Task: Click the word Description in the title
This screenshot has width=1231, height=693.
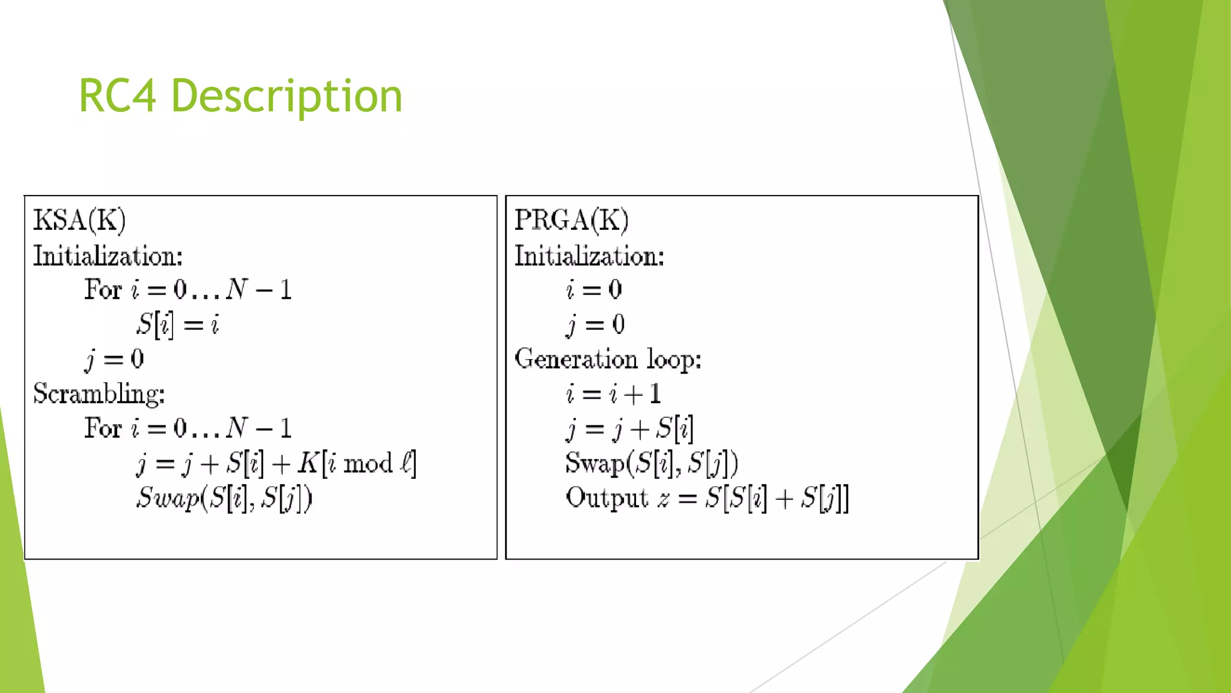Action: coord(286,96)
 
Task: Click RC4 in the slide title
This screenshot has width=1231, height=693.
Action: coord(117,96)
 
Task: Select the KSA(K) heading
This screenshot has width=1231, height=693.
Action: coord(79,220)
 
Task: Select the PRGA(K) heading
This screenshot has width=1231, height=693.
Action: coord(571,220)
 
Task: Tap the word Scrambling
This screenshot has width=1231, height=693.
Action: coord(99,394)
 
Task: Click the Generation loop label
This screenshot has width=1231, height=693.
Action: coord(607,359)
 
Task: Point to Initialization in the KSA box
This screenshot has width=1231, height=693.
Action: coord(108,256)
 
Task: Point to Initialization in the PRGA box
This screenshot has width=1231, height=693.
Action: coord(589,256)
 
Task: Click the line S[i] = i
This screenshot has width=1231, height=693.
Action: coord(177,325)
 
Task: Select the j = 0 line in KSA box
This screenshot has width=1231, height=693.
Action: coord(114,359)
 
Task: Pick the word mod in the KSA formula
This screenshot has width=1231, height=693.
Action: coord(368,464)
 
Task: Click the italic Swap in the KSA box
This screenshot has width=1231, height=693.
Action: coord(168,498)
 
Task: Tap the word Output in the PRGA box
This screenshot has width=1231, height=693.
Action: coord(606,498)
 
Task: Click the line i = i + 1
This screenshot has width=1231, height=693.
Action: coord(613,394)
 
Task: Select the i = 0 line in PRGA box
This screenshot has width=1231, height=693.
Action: coord(594,290)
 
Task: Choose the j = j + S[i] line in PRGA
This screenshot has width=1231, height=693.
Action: coord(629,429)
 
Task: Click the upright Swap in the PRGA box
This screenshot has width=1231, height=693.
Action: coord(595,463)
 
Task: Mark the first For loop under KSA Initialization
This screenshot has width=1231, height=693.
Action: coord(188,290)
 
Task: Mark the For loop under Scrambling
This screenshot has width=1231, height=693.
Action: coord(188,429)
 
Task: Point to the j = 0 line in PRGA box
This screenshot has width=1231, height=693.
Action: coord(595,325)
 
